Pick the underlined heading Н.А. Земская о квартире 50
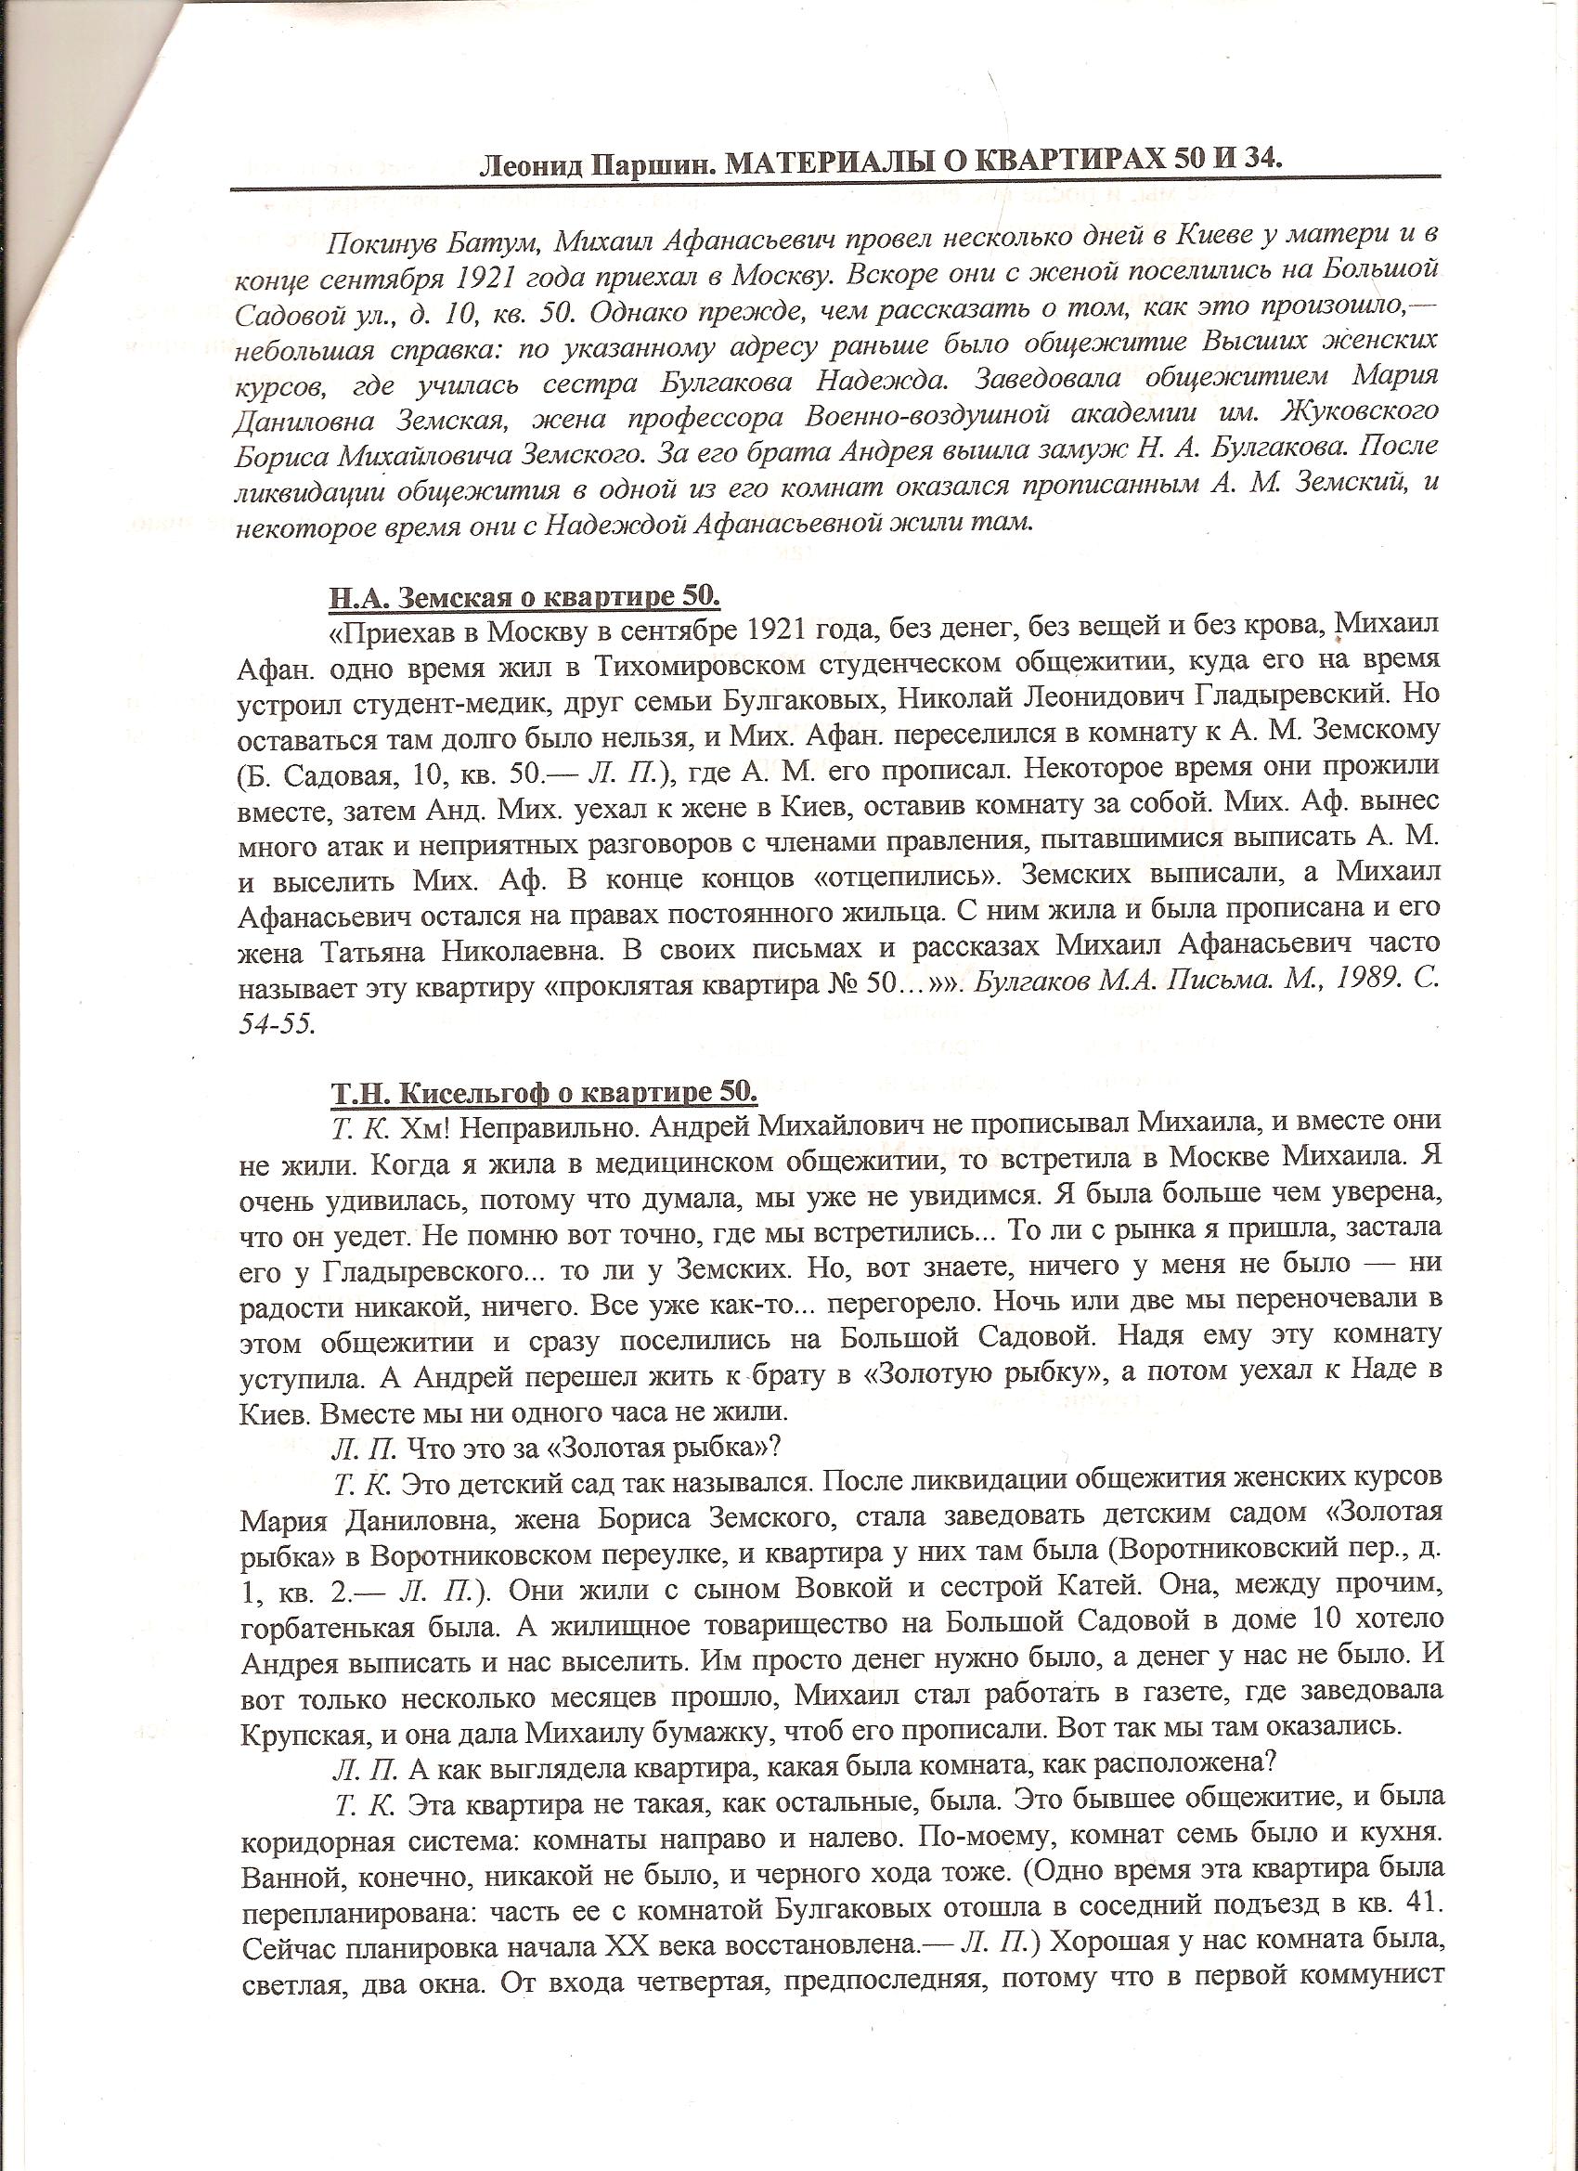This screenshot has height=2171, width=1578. point(525,596)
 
